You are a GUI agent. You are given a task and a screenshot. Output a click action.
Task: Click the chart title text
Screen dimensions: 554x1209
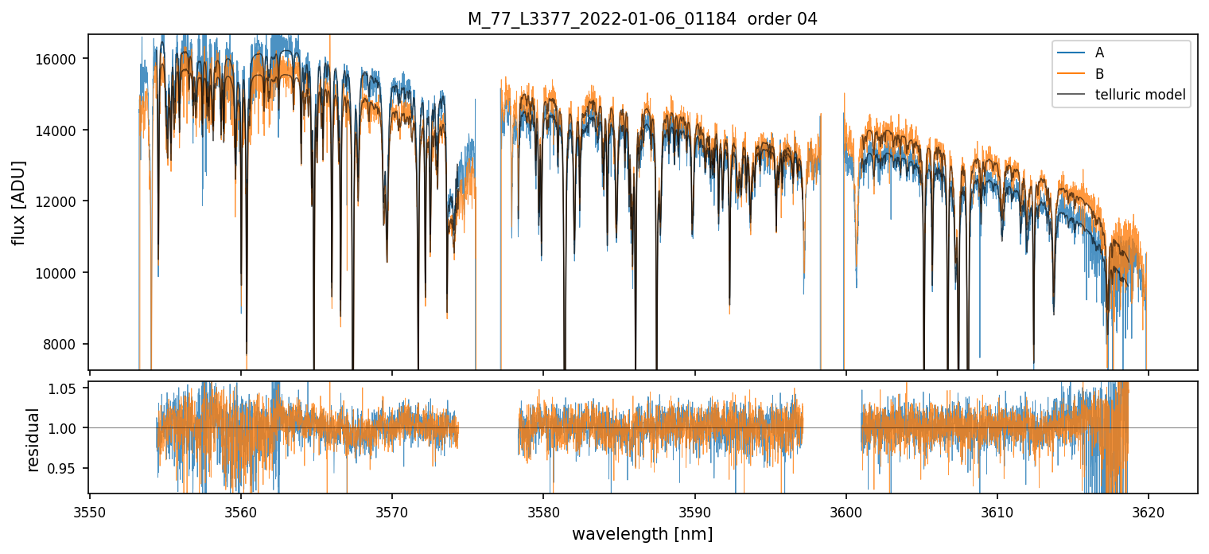click(x=642, y=19)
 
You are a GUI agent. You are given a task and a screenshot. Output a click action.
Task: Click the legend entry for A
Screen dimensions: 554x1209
click(x=1099, y=53)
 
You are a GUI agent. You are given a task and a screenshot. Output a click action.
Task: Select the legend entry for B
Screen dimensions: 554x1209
click(x=1099, y=74)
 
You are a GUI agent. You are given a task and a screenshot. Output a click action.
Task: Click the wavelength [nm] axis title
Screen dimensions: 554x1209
click(x=642, y=533)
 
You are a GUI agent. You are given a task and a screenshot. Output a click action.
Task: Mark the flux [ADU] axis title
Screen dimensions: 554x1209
click(x=19, y=202)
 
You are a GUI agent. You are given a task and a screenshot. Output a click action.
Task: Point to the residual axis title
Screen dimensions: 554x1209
click(x=33, y=439)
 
